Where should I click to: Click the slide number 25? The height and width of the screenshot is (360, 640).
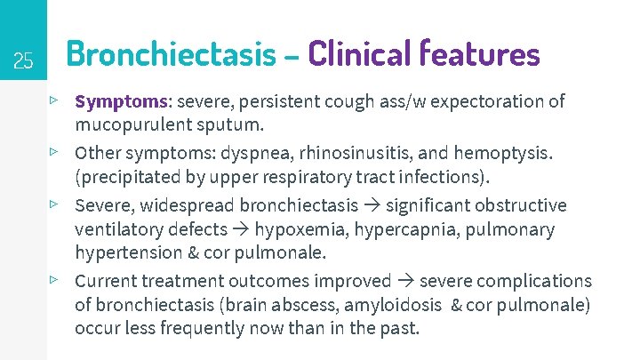[24, 61]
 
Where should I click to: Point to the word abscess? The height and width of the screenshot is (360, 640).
[305, 305]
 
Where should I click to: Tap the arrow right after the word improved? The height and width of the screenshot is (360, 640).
[405, 281]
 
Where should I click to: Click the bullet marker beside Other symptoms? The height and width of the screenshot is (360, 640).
[55, 153]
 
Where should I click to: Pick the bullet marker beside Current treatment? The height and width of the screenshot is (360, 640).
[55, 280]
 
